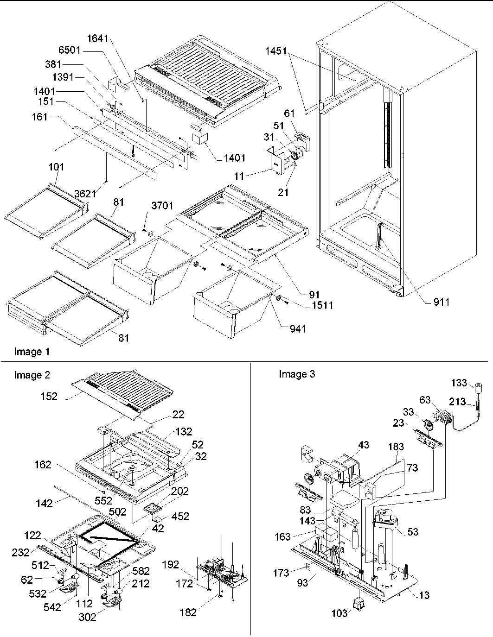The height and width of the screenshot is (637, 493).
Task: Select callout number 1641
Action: coord(98,39)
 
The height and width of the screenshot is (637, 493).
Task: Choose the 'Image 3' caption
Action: coord(297,374)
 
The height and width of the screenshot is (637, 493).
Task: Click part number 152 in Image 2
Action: coord(49,396)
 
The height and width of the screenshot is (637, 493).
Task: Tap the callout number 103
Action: coord(339,613)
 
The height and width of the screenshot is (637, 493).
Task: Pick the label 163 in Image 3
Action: coord(282,536)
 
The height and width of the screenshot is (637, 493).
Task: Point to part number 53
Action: coord(412,532)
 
